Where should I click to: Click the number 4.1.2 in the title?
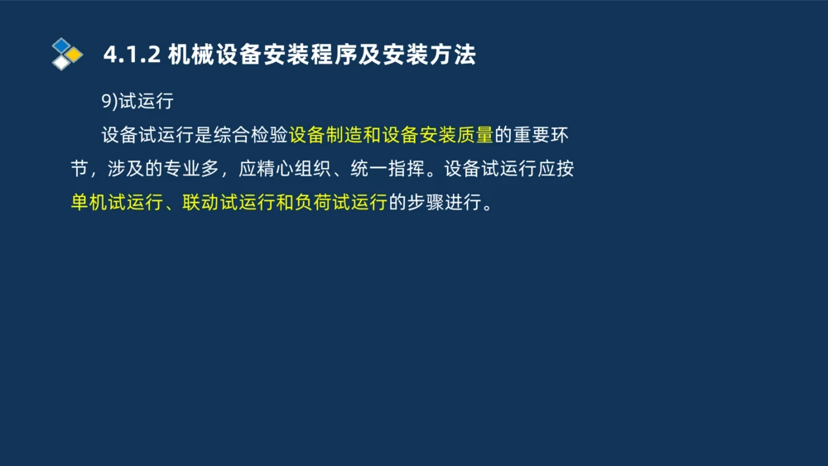(130, 55)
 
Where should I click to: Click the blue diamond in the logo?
(61, 46)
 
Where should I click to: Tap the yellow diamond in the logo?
(75, 55)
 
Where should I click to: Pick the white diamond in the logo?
(61, 63)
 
